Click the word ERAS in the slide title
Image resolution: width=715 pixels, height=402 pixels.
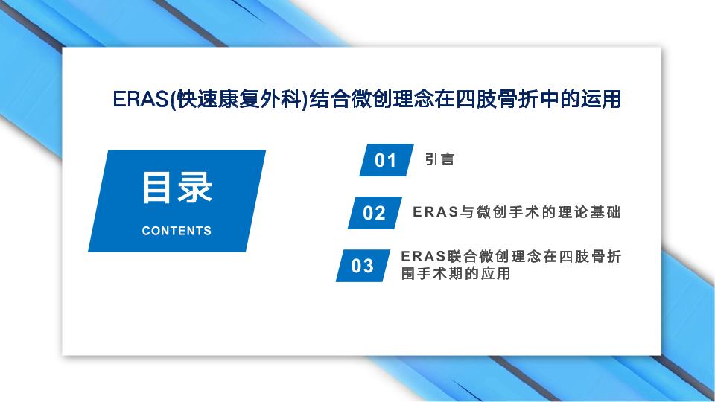pyautogui.click(x=141, y=99)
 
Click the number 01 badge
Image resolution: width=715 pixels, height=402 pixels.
pyautogui.click(x=387, y=160)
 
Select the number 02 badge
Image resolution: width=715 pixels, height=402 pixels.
pyautogui.click(x=375, y=213)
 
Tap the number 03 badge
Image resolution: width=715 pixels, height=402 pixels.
pyautogui.click(x=363, y=266)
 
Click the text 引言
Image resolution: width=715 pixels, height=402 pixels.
pyautogui.click(x=439, y=159)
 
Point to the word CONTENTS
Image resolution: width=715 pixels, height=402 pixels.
pyautogui.click(x=177, y=231)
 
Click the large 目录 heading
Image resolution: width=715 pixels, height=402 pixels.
pyautogui.click(x=177, y=188)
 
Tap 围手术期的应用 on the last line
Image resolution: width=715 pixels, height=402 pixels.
pyautogui.click(x=456, y=273)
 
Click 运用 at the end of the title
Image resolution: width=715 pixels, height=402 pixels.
pyautogui.click(x=600, y=99)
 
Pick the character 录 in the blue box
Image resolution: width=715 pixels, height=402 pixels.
pyautogui.click(x=195, y=188)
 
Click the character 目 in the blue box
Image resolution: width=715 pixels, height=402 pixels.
pyautogui.click(x=157, y=188)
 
